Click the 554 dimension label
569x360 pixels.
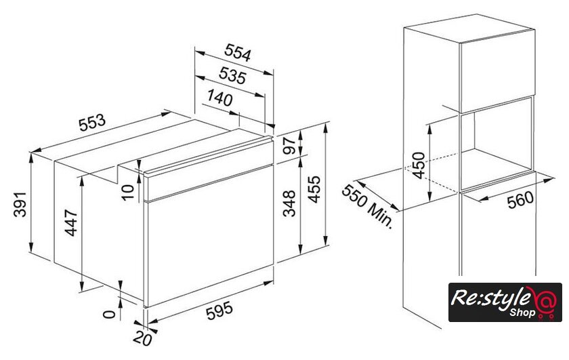point(237,53)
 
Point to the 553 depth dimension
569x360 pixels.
point(92,123)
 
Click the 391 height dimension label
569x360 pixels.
point(20,205)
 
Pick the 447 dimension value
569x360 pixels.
point(70,222)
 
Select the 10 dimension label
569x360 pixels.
point(128,192)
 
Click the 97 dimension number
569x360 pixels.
point(290,146)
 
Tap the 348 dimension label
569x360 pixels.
point(289,203)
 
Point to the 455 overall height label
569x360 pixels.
point(314,189)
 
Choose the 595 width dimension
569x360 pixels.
point(219,311)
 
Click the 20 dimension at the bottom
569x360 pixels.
point(142,339)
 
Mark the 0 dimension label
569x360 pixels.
point(109,314)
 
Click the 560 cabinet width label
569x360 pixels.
point(521,200)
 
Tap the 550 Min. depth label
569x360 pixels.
point(367,206)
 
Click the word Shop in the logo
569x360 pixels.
point(522,312)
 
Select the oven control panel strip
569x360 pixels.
point(209,170)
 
